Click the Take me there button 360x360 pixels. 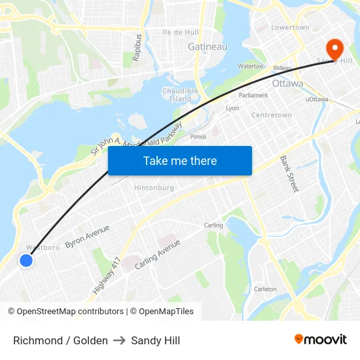click(180, 160)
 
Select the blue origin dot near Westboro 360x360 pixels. click(26, 261)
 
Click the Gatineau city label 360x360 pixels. click(207, 46)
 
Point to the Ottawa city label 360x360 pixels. click(287, 84)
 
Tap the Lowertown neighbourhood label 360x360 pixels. click(290, 27)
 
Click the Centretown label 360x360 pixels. click(272, 115)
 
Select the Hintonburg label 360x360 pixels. click(154, 187)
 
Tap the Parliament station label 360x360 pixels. click(253, 95)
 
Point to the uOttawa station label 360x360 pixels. click(317, 99)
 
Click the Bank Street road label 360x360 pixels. click(289, 173)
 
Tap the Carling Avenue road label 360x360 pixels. click(157, 255)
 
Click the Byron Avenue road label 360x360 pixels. click(87, 236)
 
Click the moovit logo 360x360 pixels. click(320, 339)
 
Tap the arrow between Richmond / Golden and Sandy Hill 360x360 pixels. click(119, 340)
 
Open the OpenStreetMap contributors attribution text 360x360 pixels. click(70, 312)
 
